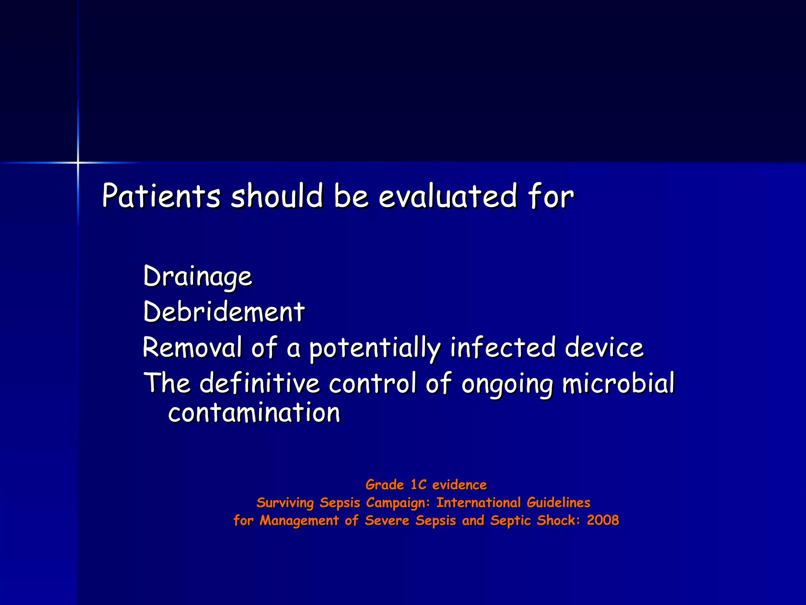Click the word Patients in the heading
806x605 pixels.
pos(161,196)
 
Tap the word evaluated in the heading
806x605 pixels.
pos(447,196)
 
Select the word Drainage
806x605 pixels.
pos(198,277)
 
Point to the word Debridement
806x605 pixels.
pos(224,312)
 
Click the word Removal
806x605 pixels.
pos(192,347)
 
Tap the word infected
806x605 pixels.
pos(503,347)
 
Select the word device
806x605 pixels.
pos(604,347)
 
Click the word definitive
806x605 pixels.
pos(260,383)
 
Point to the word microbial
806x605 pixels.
pos(618,383)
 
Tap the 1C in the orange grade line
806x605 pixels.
pos(418,485)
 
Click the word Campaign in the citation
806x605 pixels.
pos(396,503)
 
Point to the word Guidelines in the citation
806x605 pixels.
pos(558,503)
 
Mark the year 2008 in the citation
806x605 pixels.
pos(603,520)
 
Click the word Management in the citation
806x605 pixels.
pos(299,521)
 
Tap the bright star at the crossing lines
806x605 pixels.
pos(78,162)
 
